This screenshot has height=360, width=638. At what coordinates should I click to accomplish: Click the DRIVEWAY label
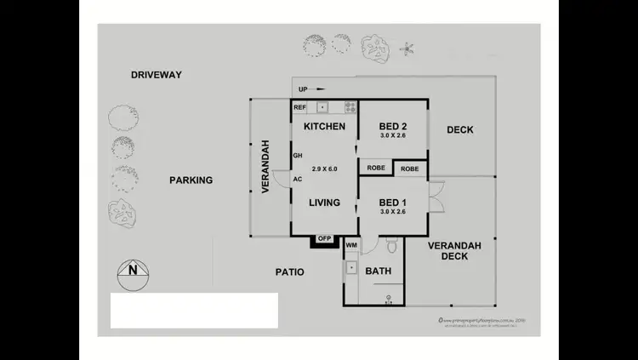pos(156,75)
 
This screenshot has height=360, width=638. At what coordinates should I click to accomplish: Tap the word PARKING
pos(191,180)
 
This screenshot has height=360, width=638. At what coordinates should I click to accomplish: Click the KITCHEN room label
pos(324,127)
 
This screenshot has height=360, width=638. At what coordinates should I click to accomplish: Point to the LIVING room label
pos(324,203)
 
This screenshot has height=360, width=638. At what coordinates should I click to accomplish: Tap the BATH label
pos(378,271)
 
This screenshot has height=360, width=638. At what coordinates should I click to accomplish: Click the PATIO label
pos(289,272)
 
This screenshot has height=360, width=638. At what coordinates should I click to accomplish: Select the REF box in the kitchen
pos(299,108)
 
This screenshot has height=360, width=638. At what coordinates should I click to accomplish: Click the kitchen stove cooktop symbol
pos(350,107)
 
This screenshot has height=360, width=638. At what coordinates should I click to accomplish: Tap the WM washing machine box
pos(351,246)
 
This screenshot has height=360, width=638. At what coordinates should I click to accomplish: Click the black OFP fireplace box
pos(324,239)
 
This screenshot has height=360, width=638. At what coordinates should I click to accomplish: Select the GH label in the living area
pos(298,157)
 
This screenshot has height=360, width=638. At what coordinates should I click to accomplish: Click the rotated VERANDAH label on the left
pos(265,166)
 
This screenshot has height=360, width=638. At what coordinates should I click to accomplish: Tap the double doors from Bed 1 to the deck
pos(434,199)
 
